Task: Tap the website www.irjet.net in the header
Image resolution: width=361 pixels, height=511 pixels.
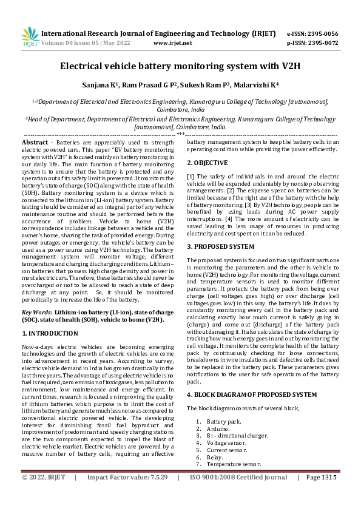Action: pyautogui.click(x=173, y=43)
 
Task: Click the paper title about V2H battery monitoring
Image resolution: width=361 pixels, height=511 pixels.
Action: pyautogui.click(x=180, y=66)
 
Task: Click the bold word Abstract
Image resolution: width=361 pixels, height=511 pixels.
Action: pyautogui.click(x=35, y=142)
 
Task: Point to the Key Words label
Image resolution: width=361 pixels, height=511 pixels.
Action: pyautogui.click(x=38, y=310)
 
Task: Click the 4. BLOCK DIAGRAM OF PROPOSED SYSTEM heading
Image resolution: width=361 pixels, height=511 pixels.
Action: pyautogui.click(x=251, y=394)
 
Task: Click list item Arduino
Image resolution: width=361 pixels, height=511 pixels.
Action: pyautogui.click(x=217, y=428)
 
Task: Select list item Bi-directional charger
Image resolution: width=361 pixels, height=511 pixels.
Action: pyautogui.click(x=235, y=435)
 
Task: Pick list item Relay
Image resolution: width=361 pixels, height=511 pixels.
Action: pyautogui.click(x=214, y=457)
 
